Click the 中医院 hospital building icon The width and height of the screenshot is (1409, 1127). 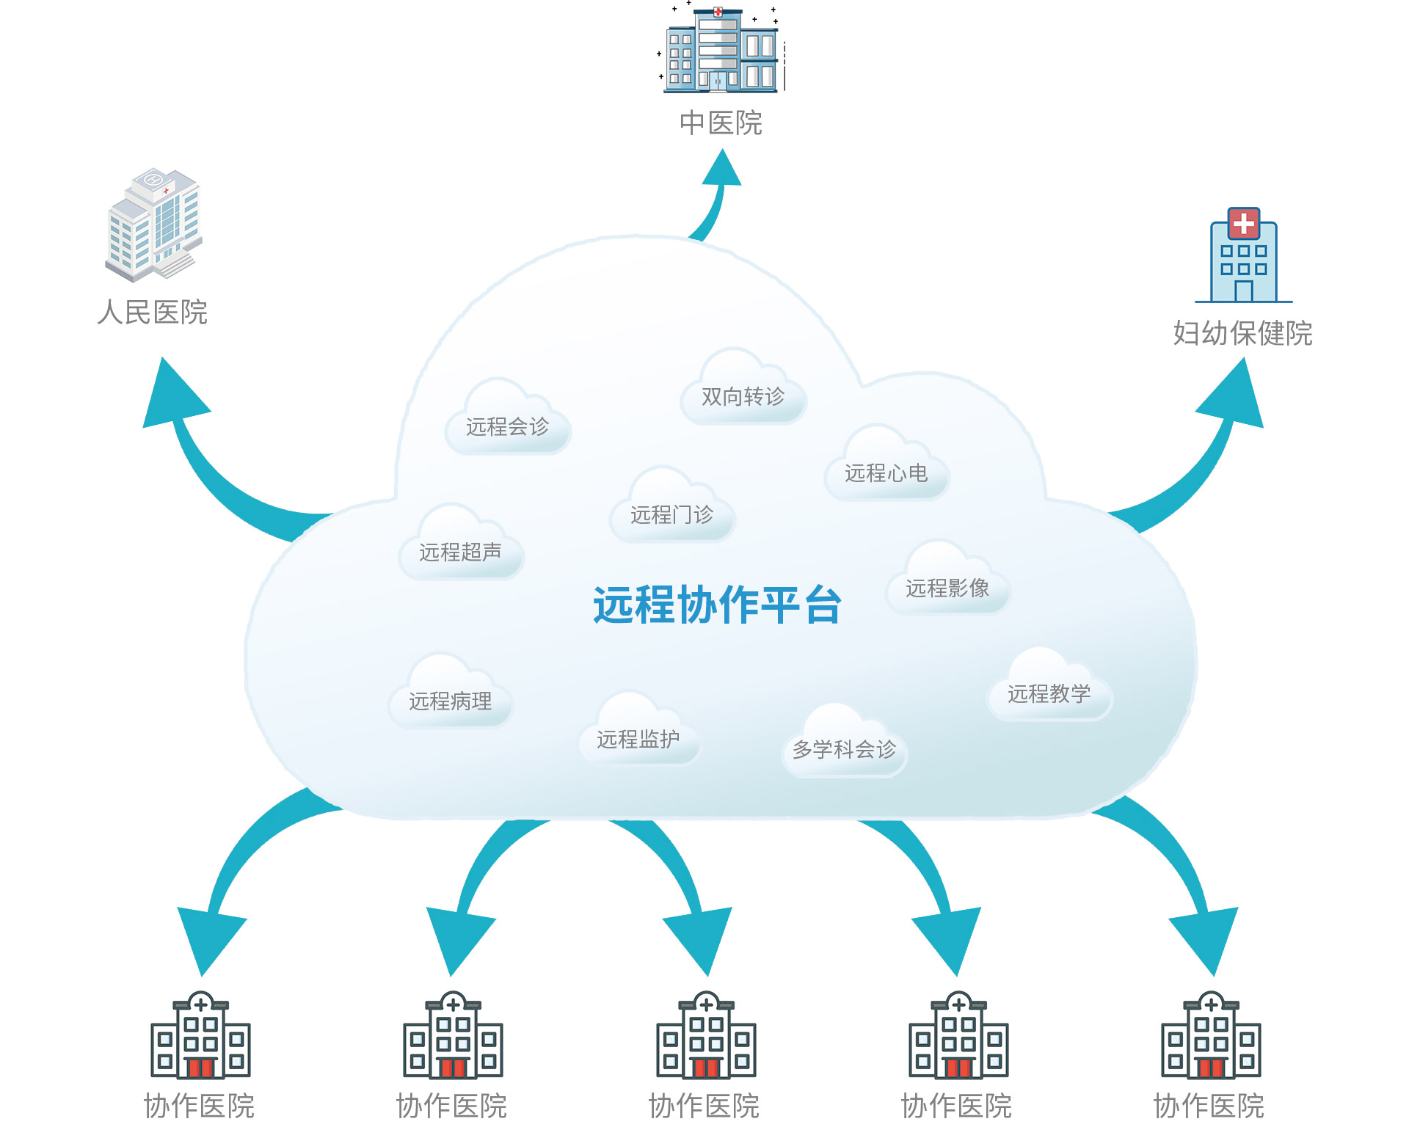(721, 50)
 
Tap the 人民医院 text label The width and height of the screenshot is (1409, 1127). (153, 313)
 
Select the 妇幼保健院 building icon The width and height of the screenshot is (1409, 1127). (1243, 257)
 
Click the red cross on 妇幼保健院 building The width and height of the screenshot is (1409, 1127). (1243, 222)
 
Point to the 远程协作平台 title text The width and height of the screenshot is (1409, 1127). (717, 605)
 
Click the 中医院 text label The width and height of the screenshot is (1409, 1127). (721, 123)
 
